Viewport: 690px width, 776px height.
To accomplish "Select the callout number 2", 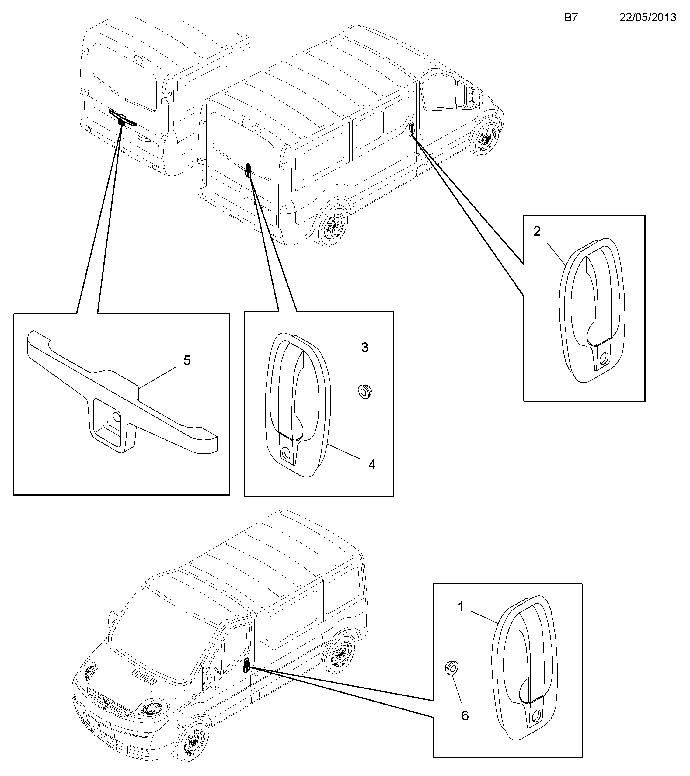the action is [537, 231].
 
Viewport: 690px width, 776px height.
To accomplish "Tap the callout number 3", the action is [364, 347].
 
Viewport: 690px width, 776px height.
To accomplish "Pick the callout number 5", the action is [187, 361].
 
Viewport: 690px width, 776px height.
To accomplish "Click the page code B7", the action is [571, 17].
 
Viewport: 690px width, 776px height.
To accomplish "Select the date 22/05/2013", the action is [648, 17].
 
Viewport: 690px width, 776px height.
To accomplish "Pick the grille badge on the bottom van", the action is [106, 703].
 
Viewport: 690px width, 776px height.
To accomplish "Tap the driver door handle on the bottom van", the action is [246, 665].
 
